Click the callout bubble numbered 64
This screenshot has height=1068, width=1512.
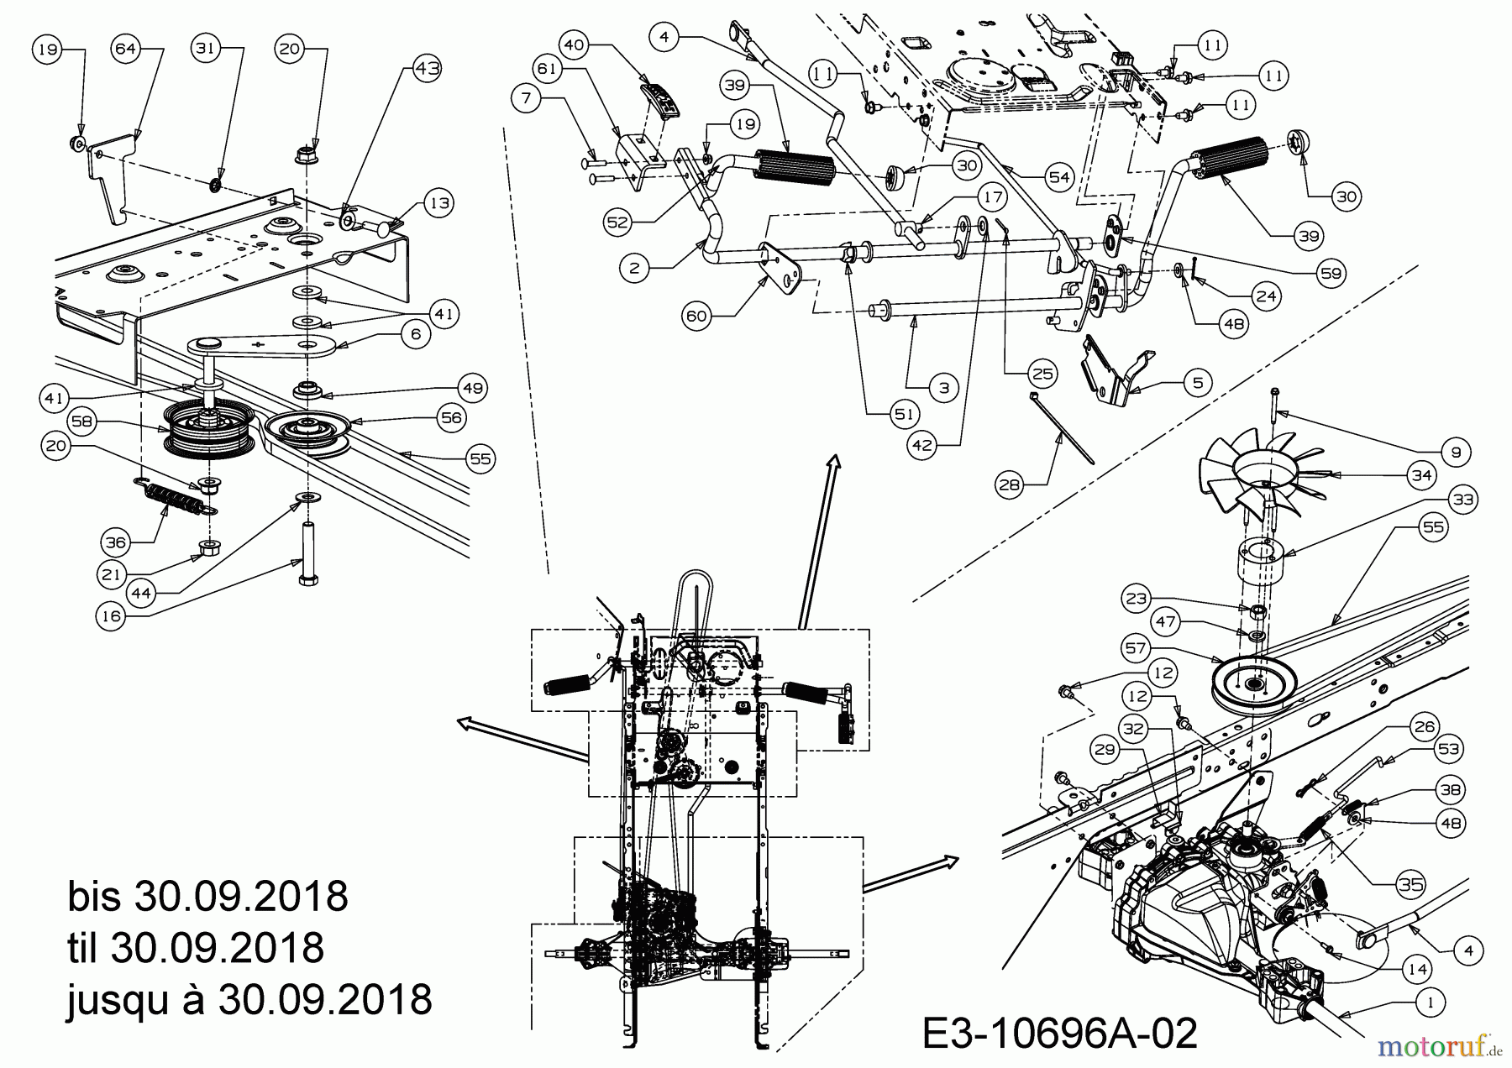125,50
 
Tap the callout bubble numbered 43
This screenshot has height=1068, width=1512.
428,69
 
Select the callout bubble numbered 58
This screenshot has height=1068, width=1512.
81,421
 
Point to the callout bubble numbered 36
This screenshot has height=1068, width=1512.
116,542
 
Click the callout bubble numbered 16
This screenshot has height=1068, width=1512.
112,615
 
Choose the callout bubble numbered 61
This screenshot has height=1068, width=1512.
548,69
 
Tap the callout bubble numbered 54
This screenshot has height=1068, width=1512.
1059,177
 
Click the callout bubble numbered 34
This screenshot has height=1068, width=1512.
1420,476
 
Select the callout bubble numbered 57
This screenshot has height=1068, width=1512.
1136,647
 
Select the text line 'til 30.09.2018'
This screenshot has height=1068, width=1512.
195,948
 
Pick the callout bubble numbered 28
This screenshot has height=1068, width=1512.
1009,484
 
